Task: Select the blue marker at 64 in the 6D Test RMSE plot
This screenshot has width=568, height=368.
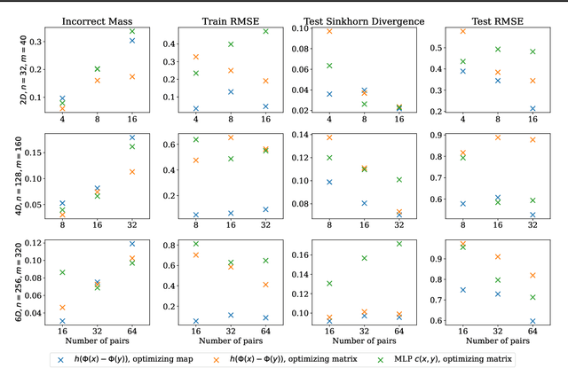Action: pyautogui.click(x=532, y=321)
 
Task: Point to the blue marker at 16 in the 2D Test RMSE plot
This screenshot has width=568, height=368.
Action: pyautogui.click(x=532, y=109)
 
